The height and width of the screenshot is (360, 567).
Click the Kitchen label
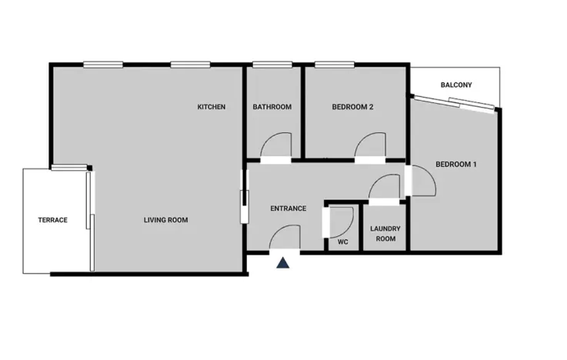point(212,107)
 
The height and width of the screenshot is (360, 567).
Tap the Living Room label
point(166,220)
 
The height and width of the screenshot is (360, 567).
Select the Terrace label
point(53,220)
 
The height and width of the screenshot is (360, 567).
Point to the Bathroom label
point(272,107)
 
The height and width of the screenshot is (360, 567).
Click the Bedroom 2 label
point(352,107)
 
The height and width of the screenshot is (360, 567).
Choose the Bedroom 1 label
point(456,164)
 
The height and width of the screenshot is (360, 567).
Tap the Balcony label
point(456,85)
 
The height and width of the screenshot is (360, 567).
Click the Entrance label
point(289,208)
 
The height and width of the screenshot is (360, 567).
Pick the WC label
point(343,242)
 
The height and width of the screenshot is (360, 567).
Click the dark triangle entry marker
point(283,263)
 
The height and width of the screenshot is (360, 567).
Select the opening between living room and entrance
point(245,198)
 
